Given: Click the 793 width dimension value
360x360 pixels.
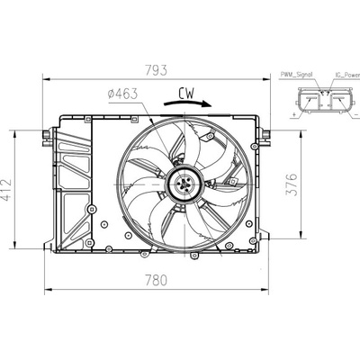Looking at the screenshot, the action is (x=156, y=70).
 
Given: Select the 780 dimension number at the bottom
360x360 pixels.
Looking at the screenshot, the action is (x=156, y=281).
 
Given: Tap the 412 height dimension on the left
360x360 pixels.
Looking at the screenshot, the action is (x=6, y=190).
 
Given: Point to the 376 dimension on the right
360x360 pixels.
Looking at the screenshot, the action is (x=291, y=184).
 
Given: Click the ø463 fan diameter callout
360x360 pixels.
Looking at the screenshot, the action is (x=122, y=94).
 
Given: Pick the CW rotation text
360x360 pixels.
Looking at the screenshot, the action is (x=186, y=94).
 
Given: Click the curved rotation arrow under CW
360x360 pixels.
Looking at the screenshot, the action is (x=188, y=103).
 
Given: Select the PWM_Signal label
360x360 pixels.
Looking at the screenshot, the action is (x=296, y=75).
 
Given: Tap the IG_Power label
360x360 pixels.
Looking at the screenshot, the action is (x=347, y=75).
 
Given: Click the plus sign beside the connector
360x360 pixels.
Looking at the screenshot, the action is (x=293, y=114).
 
